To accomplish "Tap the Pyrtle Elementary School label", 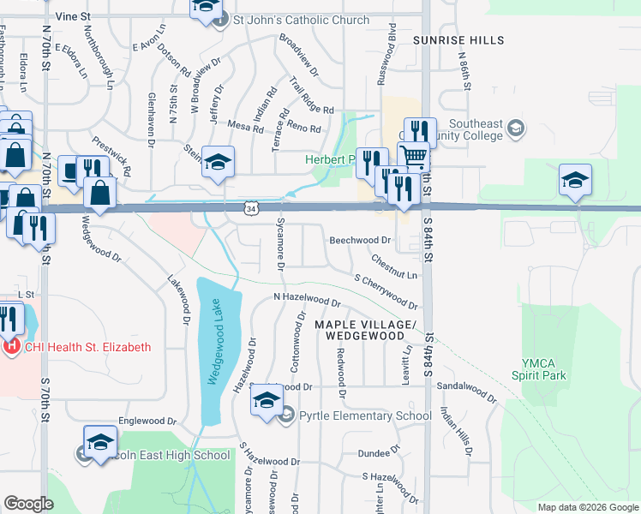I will [365, 416].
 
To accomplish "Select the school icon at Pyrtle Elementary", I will [267, 400].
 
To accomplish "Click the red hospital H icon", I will [11, 347].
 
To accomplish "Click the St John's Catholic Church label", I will [302, 20].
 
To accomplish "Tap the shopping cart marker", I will [415, 157].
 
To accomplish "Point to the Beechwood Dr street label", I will [360, 241].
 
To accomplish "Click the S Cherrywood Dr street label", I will [385, 291].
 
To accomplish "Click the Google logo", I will [28, 504].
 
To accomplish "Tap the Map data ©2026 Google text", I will [587, 507].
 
